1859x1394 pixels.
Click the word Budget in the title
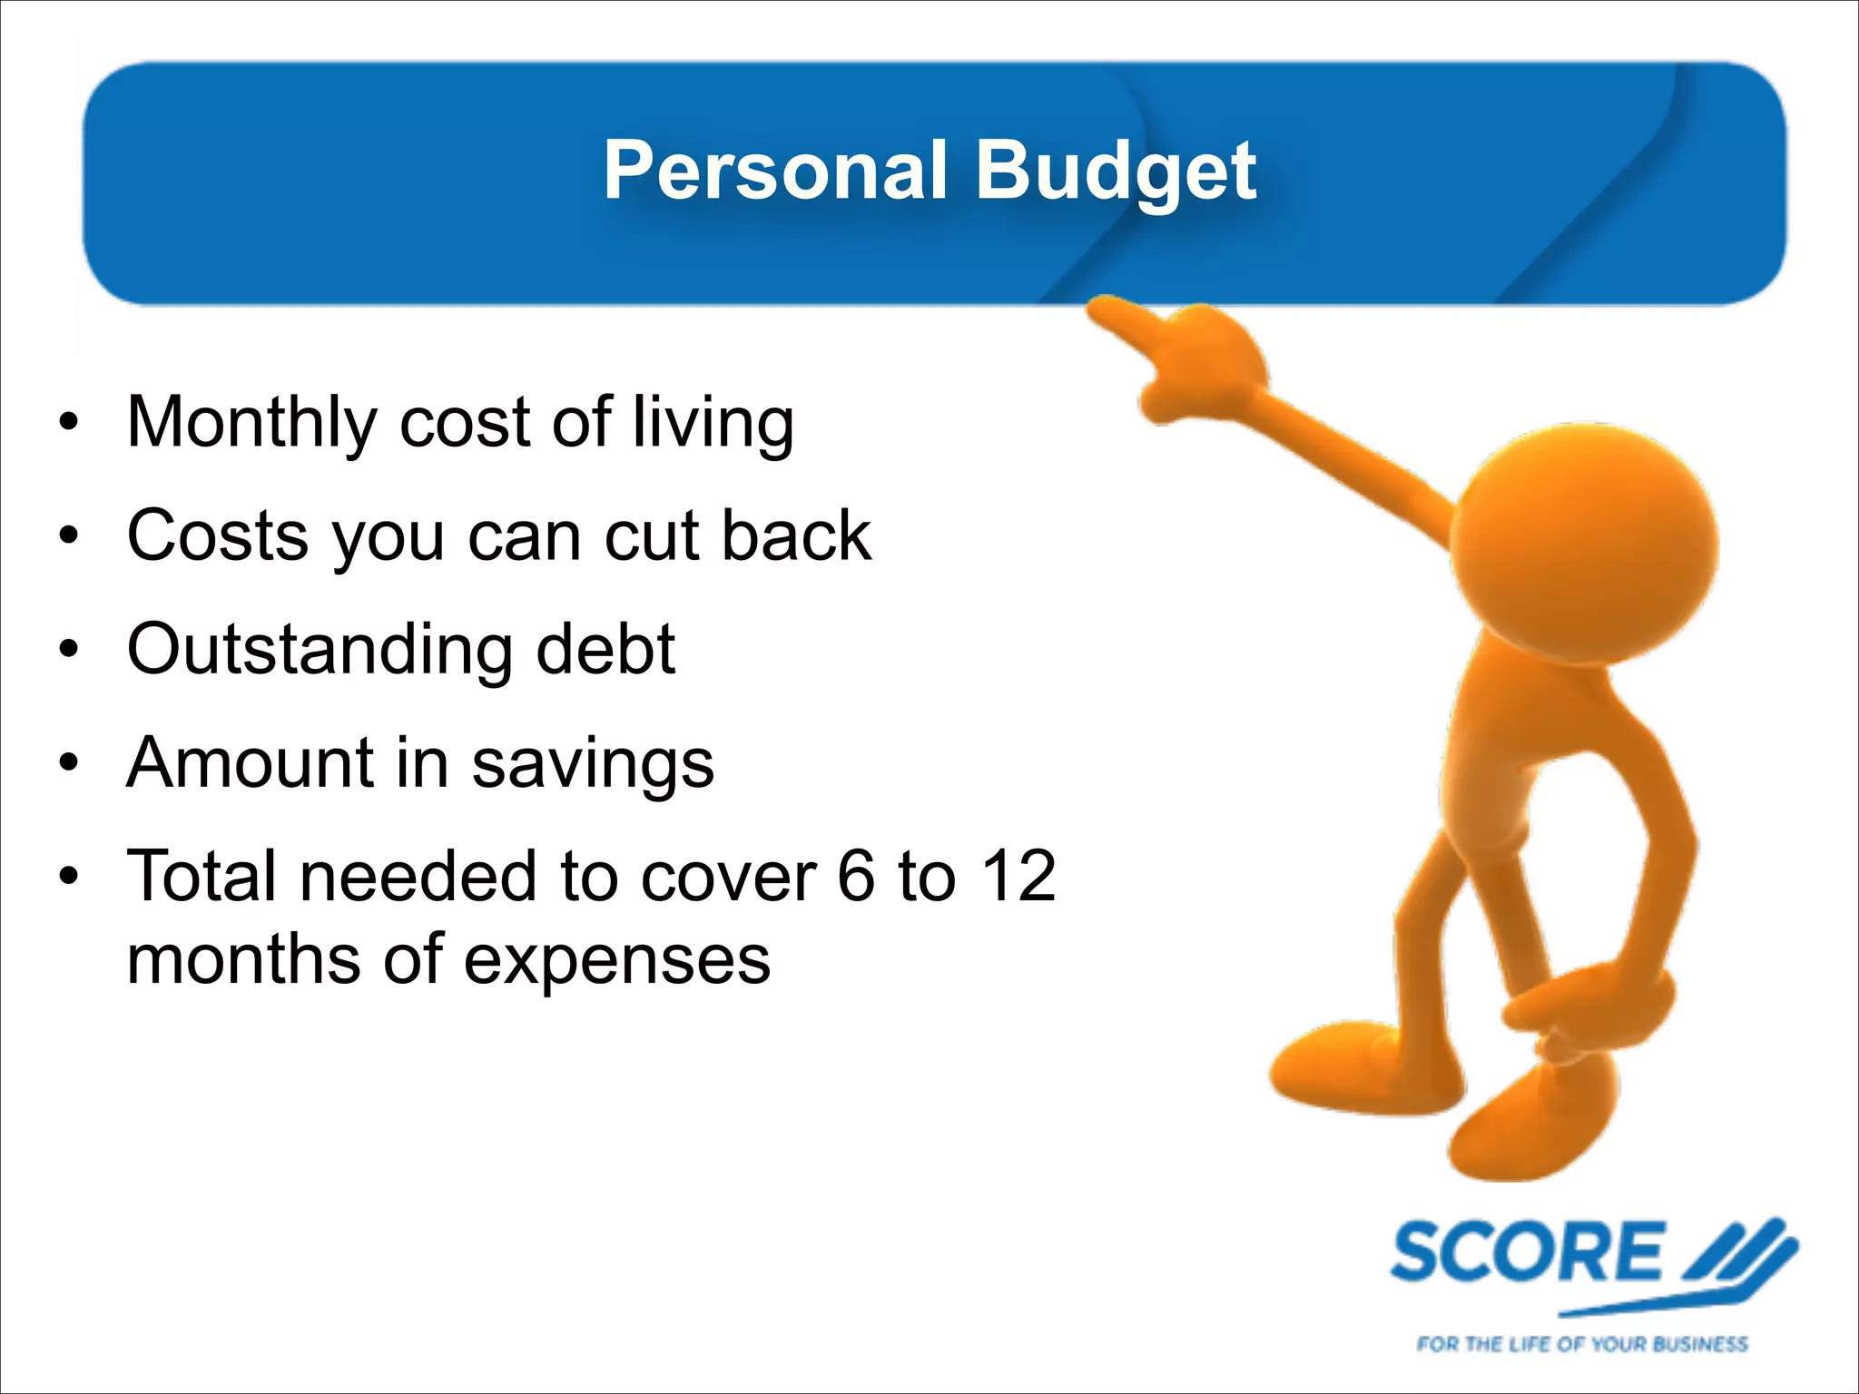1116,172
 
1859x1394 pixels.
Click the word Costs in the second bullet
218,535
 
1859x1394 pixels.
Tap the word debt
605,650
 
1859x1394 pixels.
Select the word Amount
251,762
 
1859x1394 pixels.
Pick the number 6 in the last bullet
856,877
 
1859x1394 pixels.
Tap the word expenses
616,960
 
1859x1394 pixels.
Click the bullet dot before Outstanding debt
69,650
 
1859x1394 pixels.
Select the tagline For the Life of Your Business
1581,1344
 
